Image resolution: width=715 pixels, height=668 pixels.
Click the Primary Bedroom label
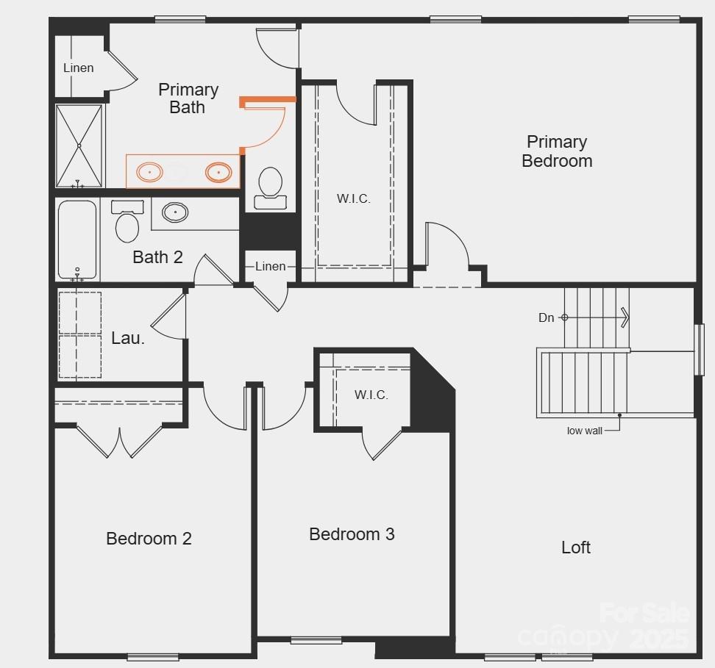pos(557,151)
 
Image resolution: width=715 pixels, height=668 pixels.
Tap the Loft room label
pos(576,547)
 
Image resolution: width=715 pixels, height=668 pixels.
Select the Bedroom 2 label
pos(149,539)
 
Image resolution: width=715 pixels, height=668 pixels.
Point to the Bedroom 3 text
pos(352,534)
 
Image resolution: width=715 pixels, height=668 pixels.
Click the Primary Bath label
pos(188,98)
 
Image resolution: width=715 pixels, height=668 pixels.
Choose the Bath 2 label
pos(157,257)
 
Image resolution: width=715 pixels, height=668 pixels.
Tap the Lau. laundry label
pos(128,338)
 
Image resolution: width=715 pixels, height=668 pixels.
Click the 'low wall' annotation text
pos(584,431)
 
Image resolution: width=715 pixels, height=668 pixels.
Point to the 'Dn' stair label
pos(546,317)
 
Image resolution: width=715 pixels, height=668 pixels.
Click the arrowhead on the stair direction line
pos(625,317)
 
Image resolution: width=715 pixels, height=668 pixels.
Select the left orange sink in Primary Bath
pos(150,173)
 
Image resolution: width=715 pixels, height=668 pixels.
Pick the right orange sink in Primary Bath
pos(218,173)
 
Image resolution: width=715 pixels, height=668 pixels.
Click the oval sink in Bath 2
pos(175,212)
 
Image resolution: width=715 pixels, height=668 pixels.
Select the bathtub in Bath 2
pos(77,240)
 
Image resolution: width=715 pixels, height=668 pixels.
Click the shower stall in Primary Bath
pos(79,146)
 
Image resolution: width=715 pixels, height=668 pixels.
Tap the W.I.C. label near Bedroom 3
pos(371,395)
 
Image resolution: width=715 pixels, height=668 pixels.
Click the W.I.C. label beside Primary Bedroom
pos(354,199)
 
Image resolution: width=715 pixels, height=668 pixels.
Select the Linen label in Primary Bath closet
pos(78,68)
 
